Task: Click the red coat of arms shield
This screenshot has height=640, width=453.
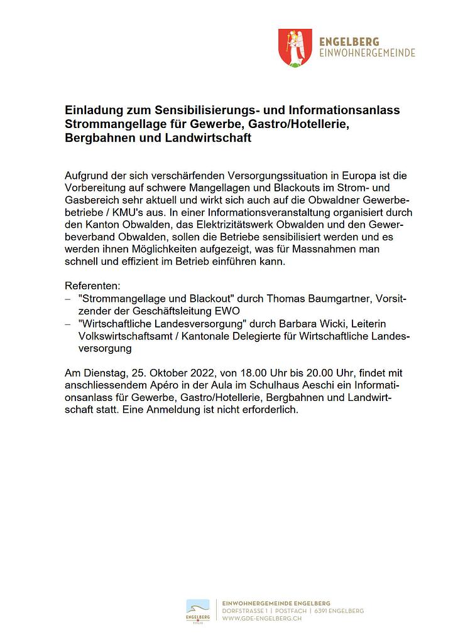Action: pyautogui.click(x=296, y=48)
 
